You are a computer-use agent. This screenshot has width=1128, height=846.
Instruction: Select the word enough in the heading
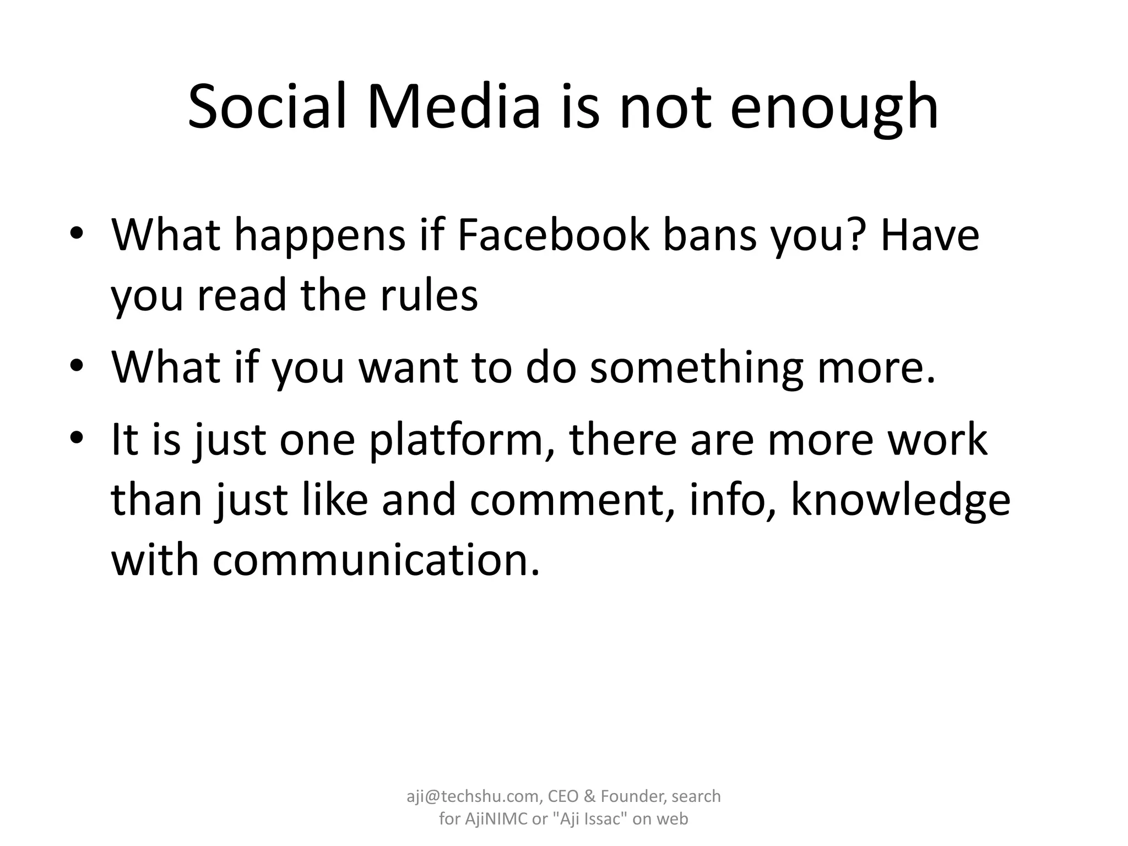(834, 109)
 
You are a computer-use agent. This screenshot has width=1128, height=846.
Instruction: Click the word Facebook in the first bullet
(553, 235)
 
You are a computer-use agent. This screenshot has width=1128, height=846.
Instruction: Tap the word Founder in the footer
(632, 796)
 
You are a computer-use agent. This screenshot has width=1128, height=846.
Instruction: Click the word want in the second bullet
(408, 368)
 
